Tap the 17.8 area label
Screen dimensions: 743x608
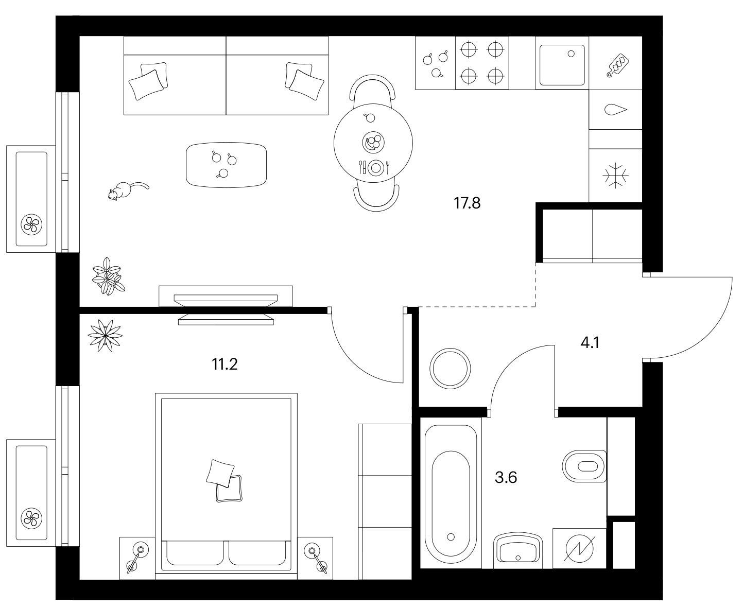coord(467,203)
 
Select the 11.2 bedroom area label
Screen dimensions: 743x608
coord(224,364)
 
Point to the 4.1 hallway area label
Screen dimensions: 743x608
coord(590,342)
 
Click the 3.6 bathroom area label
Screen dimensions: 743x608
coord(506,478)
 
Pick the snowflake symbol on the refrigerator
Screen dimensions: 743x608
coord(615,176)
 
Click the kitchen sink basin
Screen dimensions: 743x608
coord(562,65)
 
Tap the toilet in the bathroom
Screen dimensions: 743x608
coord(584,466)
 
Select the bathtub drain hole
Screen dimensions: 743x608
coord(451,537)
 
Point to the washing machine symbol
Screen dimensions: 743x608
coord(580,548)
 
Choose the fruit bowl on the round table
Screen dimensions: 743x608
coord(373,142)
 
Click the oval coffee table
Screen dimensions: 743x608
coord(226,165)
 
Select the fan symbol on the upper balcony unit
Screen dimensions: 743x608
coord(31,224)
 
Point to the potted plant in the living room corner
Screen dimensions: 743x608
coord(108,276)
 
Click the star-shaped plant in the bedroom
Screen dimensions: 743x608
coord(105,335)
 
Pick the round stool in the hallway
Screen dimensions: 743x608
coord(450,369)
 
